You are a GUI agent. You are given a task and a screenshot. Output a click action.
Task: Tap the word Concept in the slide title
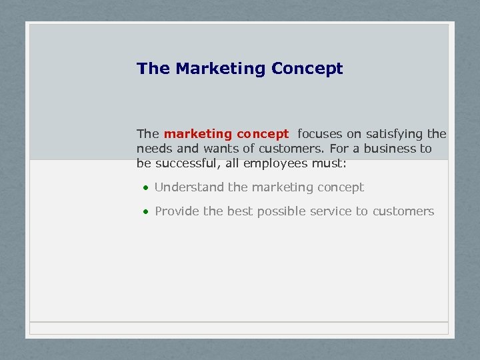coord(307,69)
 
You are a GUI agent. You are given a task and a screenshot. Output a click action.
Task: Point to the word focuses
coord(320,134)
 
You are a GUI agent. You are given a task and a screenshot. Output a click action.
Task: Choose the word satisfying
coord(394,134)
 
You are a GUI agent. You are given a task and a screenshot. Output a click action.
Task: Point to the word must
coord(330,163)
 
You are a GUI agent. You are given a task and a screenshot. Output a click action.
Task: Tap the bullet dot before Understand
coord(145,188)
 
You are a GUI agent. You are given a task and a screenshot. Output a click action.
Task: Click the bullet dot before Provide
coord(145,212)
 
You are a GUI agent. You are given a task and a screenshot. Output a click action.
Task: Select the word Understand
coord(189,187)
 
